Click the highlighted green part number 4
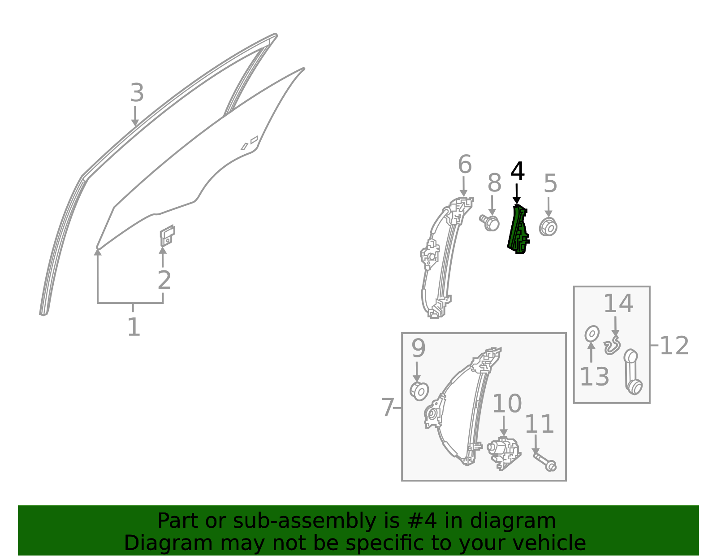tap(518, 230)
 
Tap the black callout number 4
tap(518, 171)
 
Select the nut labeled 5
tap(548, 227)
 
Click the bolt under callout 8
tap(489, 223)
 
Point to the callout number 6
tap(465, 164)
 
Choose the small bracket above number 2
tap(168, 236)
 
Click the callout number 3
tap(137, 93)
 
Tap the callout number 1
tap(134, 327)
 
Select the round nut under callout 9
tap(419, 391)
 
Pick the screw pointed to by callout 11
tap(545, 462)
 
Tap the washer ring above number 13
tap(592, 334)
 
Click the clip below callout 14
tap(613, 346)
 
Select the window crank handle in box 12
tap(633, 372)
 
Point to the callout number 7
tap(387, 408)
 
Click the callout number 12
tap(674, 346)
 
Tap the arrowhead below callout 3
tap(135, 122)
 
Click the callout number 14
tap(618, 304)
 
